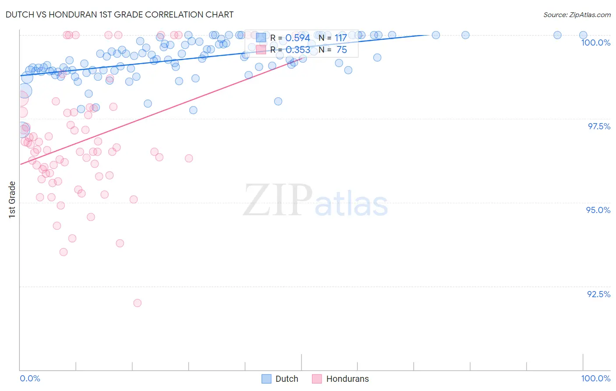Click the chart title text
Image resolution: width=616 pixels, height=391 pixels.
click(x=120, y=14)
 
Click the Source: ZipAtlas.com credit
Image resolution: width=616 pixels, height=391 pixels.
click(x=577, y=14)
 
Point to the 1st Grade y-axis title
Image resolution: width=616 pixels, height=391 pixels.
click(x=12, y=199)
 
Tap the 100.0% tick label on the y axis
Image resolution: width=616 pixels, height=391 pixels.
click(x=595, y=43)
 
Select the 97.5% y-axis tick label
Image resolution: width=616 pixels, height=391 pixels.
click(x=599, y=126)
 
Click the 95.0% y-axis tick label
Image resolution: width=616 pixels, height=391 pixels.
click(x=598, y=210)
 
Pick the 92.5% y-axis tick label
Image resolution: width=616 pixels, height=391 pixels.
click(x=598, y=294)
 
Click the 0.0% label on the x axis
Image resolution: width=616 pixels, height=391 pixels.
click(x=30, y=378)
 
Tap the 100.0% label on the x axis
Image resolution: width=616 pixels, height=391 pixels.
click(x=595, y=378)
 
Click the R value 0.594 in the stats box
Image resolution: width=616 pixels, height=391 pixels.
click(x=297, y=38)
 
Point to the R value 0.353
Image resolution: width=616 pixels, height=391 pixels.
click(x=297, y=50)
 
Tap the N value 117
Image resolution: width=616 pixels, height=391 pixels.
click(x=341, y=38)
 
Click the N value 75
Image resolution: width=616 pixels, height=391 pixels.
click(x=342, y=50)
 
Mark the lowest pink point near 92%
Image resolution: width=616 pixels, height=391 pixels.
click(x=137, y=303)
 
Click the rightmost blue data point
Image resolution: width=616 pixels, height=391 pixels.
click(x=583, y=35)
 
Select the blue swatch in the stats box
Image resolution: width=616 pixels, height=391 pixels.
click(x=261, y=38)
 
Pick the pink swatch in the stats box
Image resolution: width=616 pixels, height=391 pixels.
click(x=261, y=50)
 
